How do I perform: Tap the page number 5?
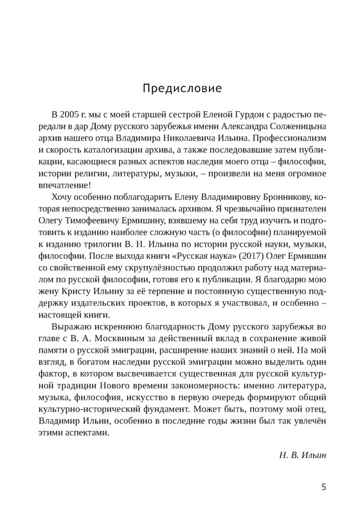click(324, 487)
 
